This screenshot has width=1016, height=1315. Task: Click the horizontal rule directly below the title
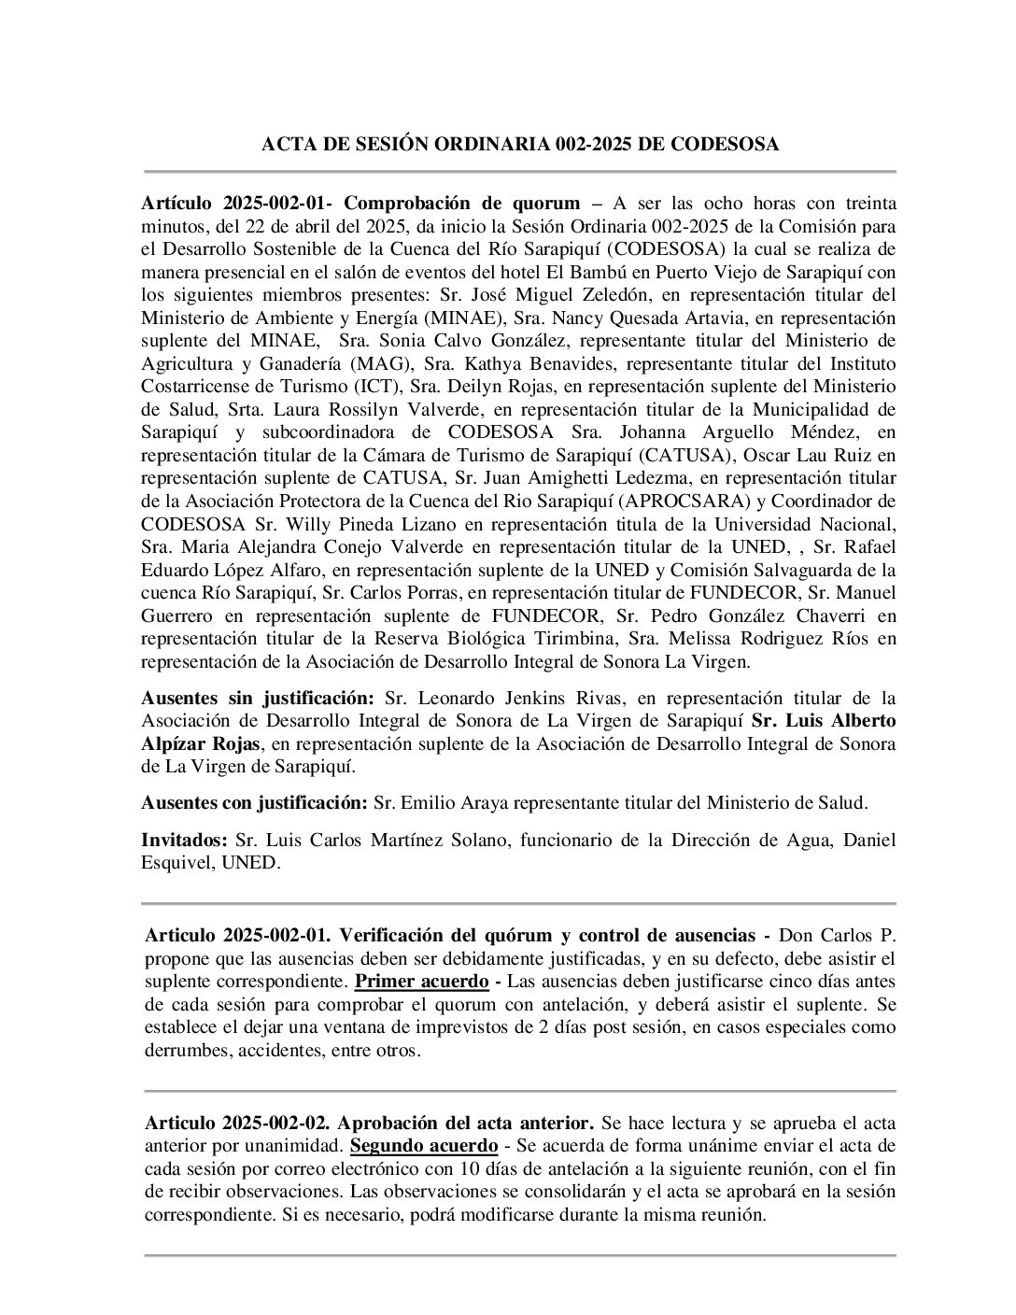click(x=519, y=172)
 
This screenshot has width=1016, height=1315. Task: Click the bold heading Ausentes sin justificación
click(x=257, y=698)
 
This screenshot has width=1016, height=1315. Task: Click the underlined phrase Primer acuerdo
click(x=421, y=982)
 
